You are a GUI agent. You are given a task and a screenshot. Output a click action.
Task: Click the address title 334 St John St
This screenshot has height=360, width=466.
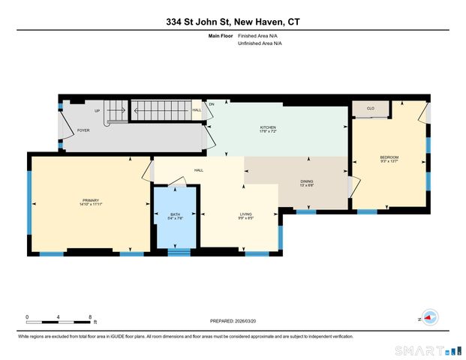(x=233, y=22)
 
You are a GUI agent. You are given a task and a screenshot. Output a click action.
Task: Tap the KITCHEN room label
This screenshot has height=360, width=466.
(x=269, y=127)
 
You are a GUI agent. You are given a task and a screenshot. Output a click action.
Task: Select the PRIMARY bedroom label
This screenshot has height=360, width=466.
(x=90, y=200)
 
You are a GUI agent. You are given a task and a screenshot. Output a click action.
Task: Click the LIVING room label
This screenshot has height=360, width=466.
(x=246, y=214)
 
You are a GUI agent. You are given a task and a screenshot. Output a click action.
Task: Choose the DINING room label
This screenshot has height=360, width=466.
(x=307, y=181)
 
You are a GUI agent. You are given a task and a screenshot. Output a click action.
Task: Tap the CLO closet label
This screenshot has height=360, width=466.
(x=371, y=109)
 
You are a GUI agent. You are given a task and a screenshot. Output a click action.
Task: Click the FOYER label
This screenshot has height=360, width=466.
(x=84, y=130)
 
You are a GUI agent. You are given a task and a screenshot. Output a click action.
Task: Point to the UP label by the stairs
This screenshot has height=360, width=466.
(x=97, y=111)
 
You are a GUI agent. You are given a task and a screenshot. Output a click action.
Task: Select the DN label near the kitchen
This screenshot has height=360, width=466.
(x=212, y=104)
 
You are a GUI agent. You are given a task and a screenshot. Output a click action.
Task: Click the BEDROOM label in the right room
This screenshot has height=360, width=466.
(x=389, y=156)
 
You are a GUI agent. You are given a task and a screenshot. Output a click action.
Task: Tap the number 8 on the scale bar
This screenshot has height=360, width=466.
(x=90, y=316)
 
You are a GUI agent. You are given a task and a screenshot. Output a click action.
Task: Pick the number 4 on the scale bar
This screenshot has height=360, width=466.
(x=59, y=316)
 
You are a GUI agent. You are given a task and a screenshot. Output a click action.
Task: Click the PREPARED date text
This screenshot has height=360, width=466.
(x=233, y=320)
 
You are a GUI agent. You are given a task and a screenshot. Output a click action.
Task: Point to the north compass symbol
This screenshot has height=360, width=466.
(x=428, y=316)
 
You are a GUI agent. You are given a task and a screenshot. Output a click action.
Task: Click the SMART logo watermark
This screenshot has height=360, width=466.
(x=424, y=350)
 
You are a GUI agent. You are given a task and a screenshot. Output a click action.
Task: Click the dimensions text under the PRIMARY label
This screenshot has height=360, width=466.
(x=90, y=205)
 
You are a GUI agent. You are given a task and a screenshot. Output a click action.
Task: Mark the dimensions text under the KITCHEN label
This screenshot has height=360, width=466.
(x=269, y=132)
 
